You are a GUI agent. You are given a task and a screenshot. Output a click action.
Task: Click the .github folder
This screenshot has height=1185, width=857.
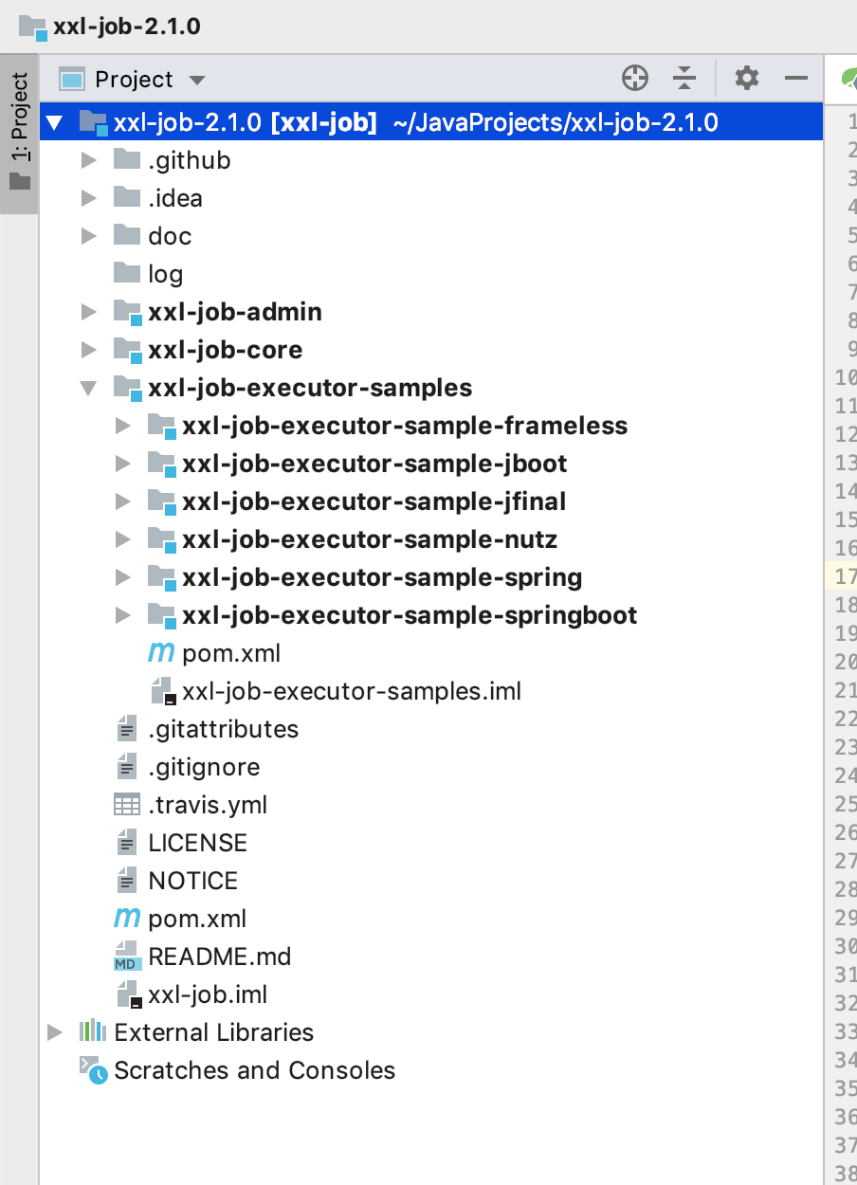(189, 160)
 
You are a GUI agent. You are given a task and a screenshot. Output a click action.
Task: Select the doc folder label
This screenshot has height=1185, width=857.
(170, 236)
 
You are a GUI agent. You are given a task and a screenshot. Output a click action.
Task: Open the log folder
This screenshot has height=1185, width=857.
(165, 274)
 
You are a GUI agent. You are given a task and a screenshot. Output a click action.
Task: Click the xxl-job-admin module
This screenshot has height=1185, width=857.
(234, 312)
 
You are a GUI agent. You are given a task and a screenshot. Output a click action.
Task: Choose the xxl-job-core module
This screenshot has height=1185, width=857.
(225, 350)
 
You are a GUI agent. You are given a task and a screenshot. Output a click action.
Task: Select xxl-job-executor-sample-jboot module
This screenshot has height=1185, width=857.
(374, 464)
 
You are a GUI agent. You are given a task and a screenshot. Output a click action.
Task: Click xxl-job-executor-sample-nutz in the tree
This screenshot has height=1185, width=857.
(370, 539)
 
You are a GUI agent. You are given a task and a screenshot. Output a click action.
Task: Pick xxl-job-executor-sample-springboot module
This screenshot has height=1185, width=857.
(410, 615)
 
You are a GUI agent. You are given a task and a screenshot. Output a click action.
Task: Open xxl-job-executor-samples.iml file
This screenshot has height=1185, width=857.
(352, 691)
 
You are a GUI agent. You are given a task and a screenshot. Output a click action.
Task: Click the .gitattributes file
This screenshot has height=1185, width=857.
(223, 729)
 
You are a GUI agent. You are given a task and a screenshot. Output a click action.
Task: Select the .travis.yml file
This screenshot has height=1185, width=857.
(208, 805)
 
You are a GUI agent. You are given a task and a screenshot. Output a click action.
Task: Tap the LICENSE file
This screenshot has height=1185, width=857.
(197, 843)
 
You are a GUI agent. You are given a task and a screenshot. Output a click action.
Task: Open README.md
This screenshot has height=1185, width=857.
(219, 957)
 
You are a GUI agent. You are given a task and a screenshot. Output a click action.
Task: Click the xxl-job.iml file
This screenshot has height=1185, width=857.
(208, 994)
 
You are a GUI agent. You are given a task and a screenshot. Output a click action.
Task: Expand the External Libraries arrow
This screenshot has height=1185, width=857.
(55, 1032)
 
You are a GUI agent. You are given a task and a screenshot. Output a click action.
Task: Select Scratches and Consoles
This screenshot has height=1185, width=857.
(254, 1070)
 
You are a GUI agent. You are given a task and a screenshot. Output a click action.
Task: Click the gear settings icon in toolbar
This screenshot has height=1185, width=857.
(747, 78)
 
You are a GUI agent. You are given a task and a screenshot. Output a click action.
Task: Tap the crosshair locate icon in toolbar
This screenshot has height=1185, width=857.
(635, 78)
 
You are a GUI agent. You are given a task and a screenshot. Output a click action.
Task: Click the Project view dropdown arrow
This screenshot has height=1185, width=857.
(197, 80)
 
